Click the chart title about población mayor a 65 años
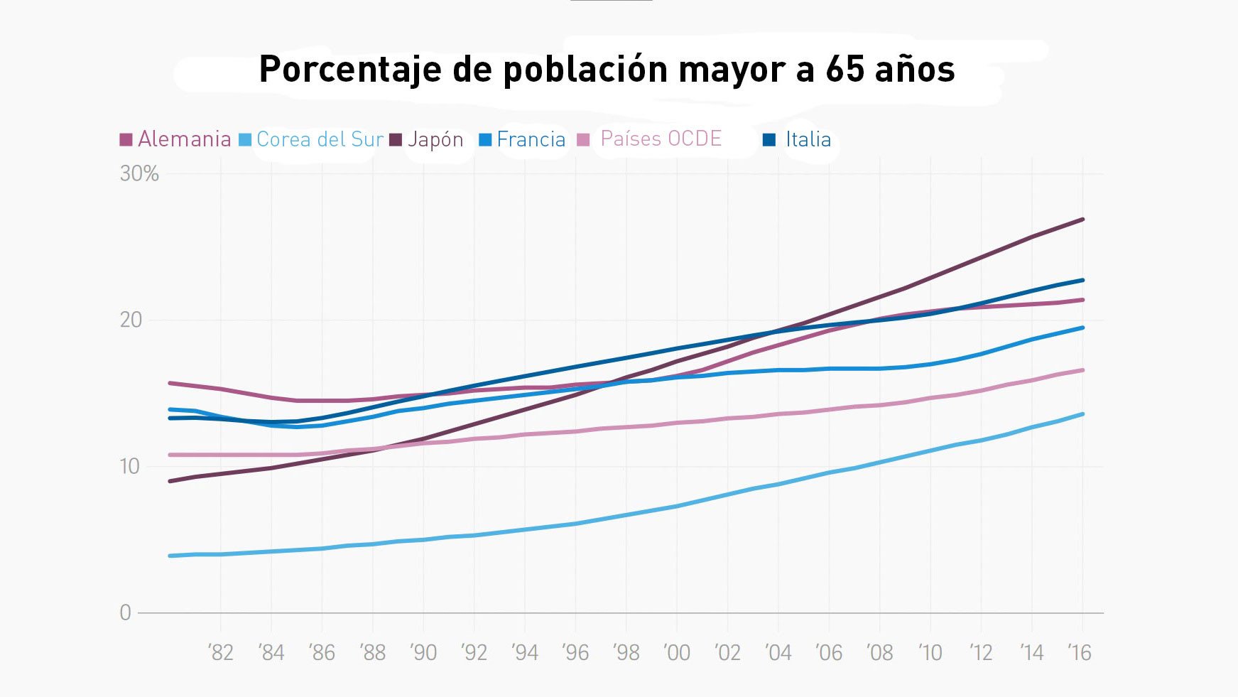pyautogui.click(x=607, y=70)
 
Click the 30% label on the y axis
pyautogui.click(x=139, y=173)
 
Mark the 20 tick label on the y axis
pyautogui.click(x=131, y=320)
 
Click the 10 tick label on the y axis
pyautogui.click(x=130, y=466)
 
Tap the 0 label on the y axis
pyautogui.click(x=126, y=612)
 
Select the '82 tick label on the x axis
pyautogui.click(x=221, y=652)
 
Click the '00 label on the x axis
pyautogui.click(x=677, y=652)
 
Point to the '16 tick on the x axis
pyautogui.click(x=1080, y=652)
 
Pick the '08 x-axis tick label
pyautogui.click(x=879, y=652)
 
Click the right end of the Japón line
pyautogui.click(x=1082, y=220)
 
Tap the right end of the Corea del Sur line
pyautogui.click(x=1082, y=414)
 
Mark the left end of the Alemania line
pyautogui.click(x=170, y=384)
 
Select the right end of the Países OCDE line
pyautogui.click(x=1082, y=370)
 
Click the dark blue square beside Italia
pyautogui.click(x=769, y=139)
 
